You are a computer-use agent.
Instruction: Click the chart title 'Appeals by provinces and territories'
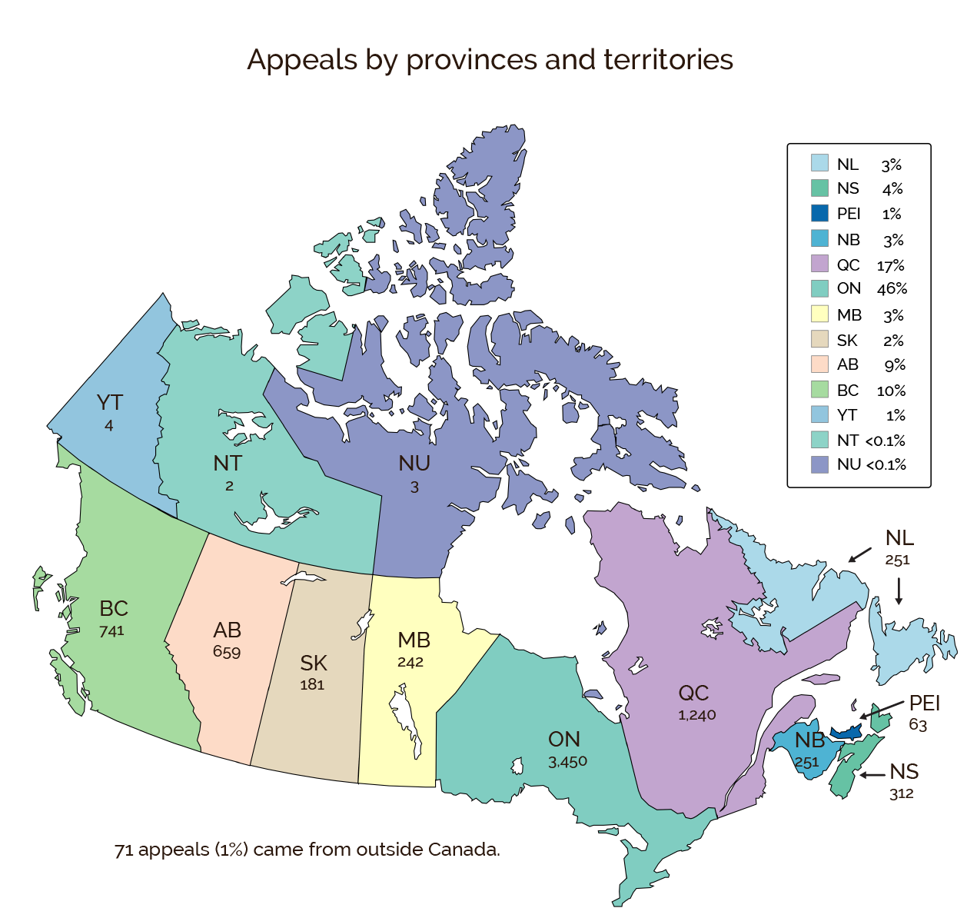point(490,60)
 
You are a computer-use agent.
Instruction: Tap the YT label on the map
point(109,402)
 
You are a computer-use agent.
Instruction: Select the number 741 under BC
point(111,631)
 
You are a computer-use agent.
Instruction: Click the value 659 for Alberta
point(227,653)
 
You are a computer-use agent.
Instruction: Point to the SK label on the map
point(314,663)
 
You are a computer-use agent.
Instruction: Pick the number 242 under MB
point(410,662)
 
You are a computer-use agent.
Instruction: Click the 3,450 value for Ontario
point(567,762)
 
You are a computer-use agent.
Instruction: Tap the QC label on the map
point(693,693)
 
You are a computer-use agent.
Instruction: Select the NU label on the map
point(414,464)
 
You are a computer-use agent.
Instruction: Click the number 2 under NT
point(229,486)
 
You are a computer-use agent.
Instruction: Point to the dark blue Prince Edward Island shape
point(846,733)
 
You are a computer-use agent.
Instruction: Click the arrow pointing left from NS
point(872,775)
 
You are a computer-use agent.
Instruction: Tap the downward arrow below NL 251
point(899,590)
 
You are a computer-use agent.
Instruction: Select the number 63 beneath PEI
point(918,725)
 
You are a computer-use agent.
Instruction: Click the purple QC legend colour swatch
point(819,264)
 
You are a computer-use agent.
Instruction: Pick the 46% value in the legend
point(892,289)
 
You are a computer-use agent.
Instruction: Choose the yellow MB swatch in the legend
point(819,314)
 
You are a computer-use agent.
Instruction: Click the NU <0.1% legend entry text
point(871,464)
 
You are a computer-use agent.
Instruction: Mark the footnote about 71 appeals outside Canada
point(307,850)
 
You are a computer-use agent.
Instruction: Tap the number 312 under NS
point(902,794)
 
